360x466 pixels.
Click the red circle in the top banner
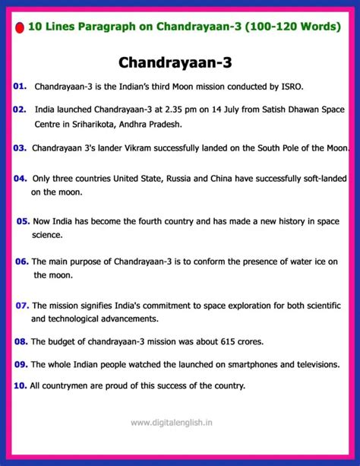pyautogui.click(x=19, y=27)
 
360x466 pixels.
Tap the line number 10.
pyautogui.click(x=20, y=385)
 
